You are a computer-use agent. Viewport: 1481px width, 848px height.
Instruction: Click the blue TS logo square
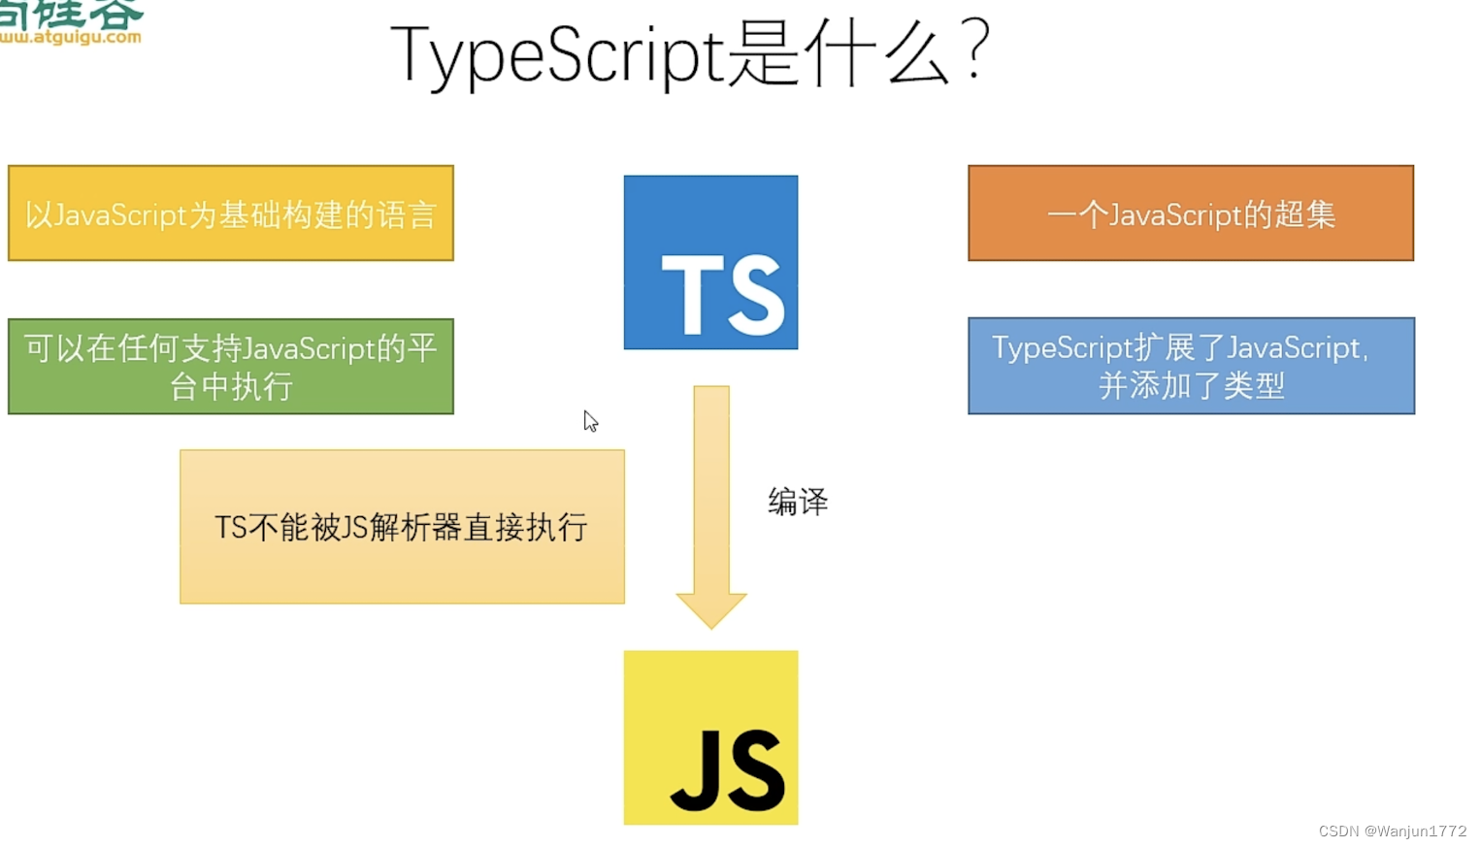pyautogui.click(x=710, y=262)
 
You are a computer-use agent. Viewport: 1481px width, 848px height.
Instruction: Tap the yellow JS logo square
pyautogui.click(x=710, y=737)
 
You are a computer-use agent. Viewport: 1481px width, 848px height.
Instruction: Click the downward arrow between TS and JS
pyautogui.click(x=711, y=495)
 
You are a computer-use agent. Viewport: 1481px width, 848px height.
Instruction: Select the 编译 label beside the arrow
pyautogui.click(x=798, y=502)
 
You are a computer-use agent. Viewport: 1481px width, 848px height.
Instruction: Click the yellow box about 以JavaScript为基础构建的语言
pyautogui.click(x=231, y=213)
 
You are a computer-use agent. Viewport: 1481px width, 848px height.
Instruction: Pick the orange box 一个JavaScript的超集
pyautogui.click(x=1191, y=213)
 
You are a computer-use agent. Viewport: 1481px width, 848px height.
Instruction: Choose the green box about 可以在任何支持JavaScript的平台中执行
pyautogui.click(x=231, y=367)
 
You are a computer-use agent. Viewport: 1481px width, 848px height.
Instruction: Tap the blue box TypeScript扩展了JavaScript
pyautogui.click(x=1191, y=366)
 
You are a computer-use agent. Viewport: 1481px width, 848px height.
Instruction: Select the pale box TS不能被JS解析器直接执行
pyautogui.click(x=402, y=527)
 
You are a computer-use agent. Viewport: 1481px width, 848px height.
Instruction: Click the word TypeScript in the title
pyautogui.click(x=558, y=55)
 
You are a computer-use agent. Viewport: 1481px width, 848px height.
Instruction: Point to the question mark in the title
pyautogui.click(x=975, y=50)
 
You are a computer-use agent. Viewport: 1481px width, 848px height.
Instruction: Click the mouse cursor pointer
pyautogui.click(x=589, y=420)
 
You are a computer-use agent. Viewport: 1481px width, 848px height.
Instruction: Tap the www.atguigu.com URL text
pyautogui.click(x=71, y=38)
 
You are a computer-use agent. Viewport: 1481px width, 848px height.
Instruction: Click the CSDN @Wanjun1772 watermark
pyautogui.click(x=1392, y=832)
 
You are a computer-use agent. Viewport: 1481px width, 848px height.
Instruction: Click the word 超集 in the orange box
pyautogui.click(x=1304, y=214)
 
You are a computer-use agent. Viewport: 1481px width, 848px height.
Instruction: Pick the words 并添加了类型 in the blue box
pyautogui.click(x=1191, y=386)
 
